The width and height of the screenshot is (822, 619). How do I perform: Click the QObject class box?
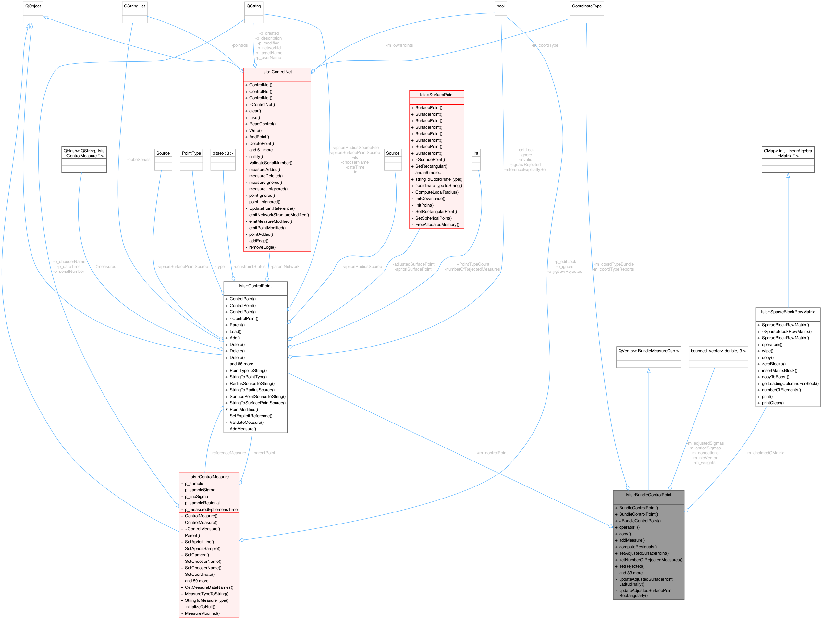(33, 6)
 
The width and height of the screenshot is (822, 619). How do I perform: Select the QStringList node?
(135, 6)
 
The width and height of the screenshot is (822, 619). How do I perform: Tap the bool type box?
(500, 6)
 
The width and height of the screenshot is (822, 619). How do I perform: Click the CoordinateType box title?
(586, 6)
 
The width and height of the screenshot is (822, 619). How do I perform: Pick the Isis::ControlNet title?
(277, 72)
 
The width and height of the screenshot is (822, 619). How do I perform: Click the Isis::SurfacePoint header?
(437, 95)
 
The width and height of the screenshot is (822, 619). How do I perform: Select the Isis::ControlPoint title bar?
(255, 286)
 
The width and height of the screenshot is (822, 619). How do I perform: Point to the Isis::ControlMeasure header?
(209, 476)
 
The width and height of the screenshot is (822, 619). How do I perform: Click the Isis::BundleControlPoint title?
(648, 494)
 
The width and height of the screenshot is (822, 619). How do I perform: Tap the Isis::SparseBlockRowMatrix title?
(788, 312)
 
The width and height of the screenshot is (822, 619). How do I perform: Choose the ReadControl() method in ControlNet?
(262, 124)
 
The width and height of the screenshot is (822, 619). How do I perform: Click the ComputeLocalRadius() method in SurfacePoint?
(437, 192)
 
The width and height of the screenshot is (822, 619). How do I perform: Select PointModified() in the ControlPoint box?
(243, 409)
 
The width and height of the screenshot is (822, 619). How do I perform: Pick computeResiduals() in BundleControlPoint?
(638, 547)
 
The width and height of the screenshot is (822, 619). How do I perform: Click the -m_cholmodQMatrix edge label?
(765, 453)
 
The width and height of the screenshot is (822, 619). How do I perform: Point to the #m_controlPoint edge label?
(492, 453)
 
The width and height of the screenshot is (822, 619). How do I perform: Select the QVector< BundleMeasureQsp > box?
(648, 351)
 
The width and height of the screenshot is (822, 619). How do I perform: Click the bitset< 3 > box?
(223, 153)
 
